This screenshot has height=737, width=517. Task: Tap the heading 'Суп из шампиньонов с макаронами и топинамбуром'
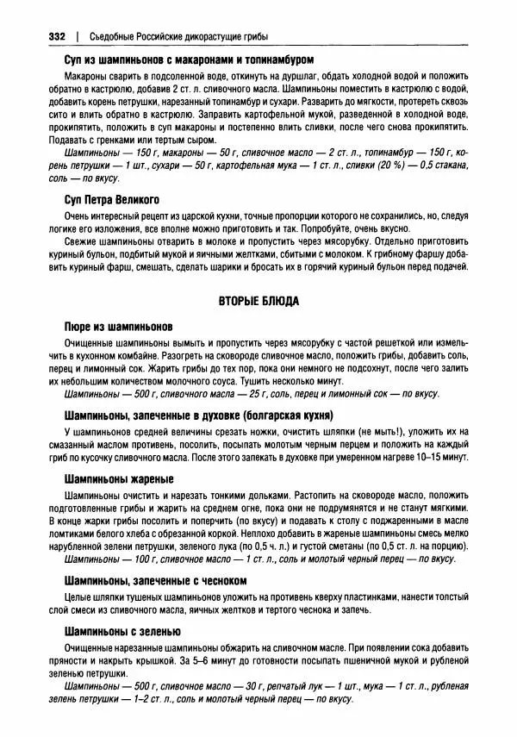(x=188, y=61)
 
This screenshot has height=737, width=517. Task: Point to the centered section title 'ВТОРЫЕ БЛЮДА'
(x=257, y=302)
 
